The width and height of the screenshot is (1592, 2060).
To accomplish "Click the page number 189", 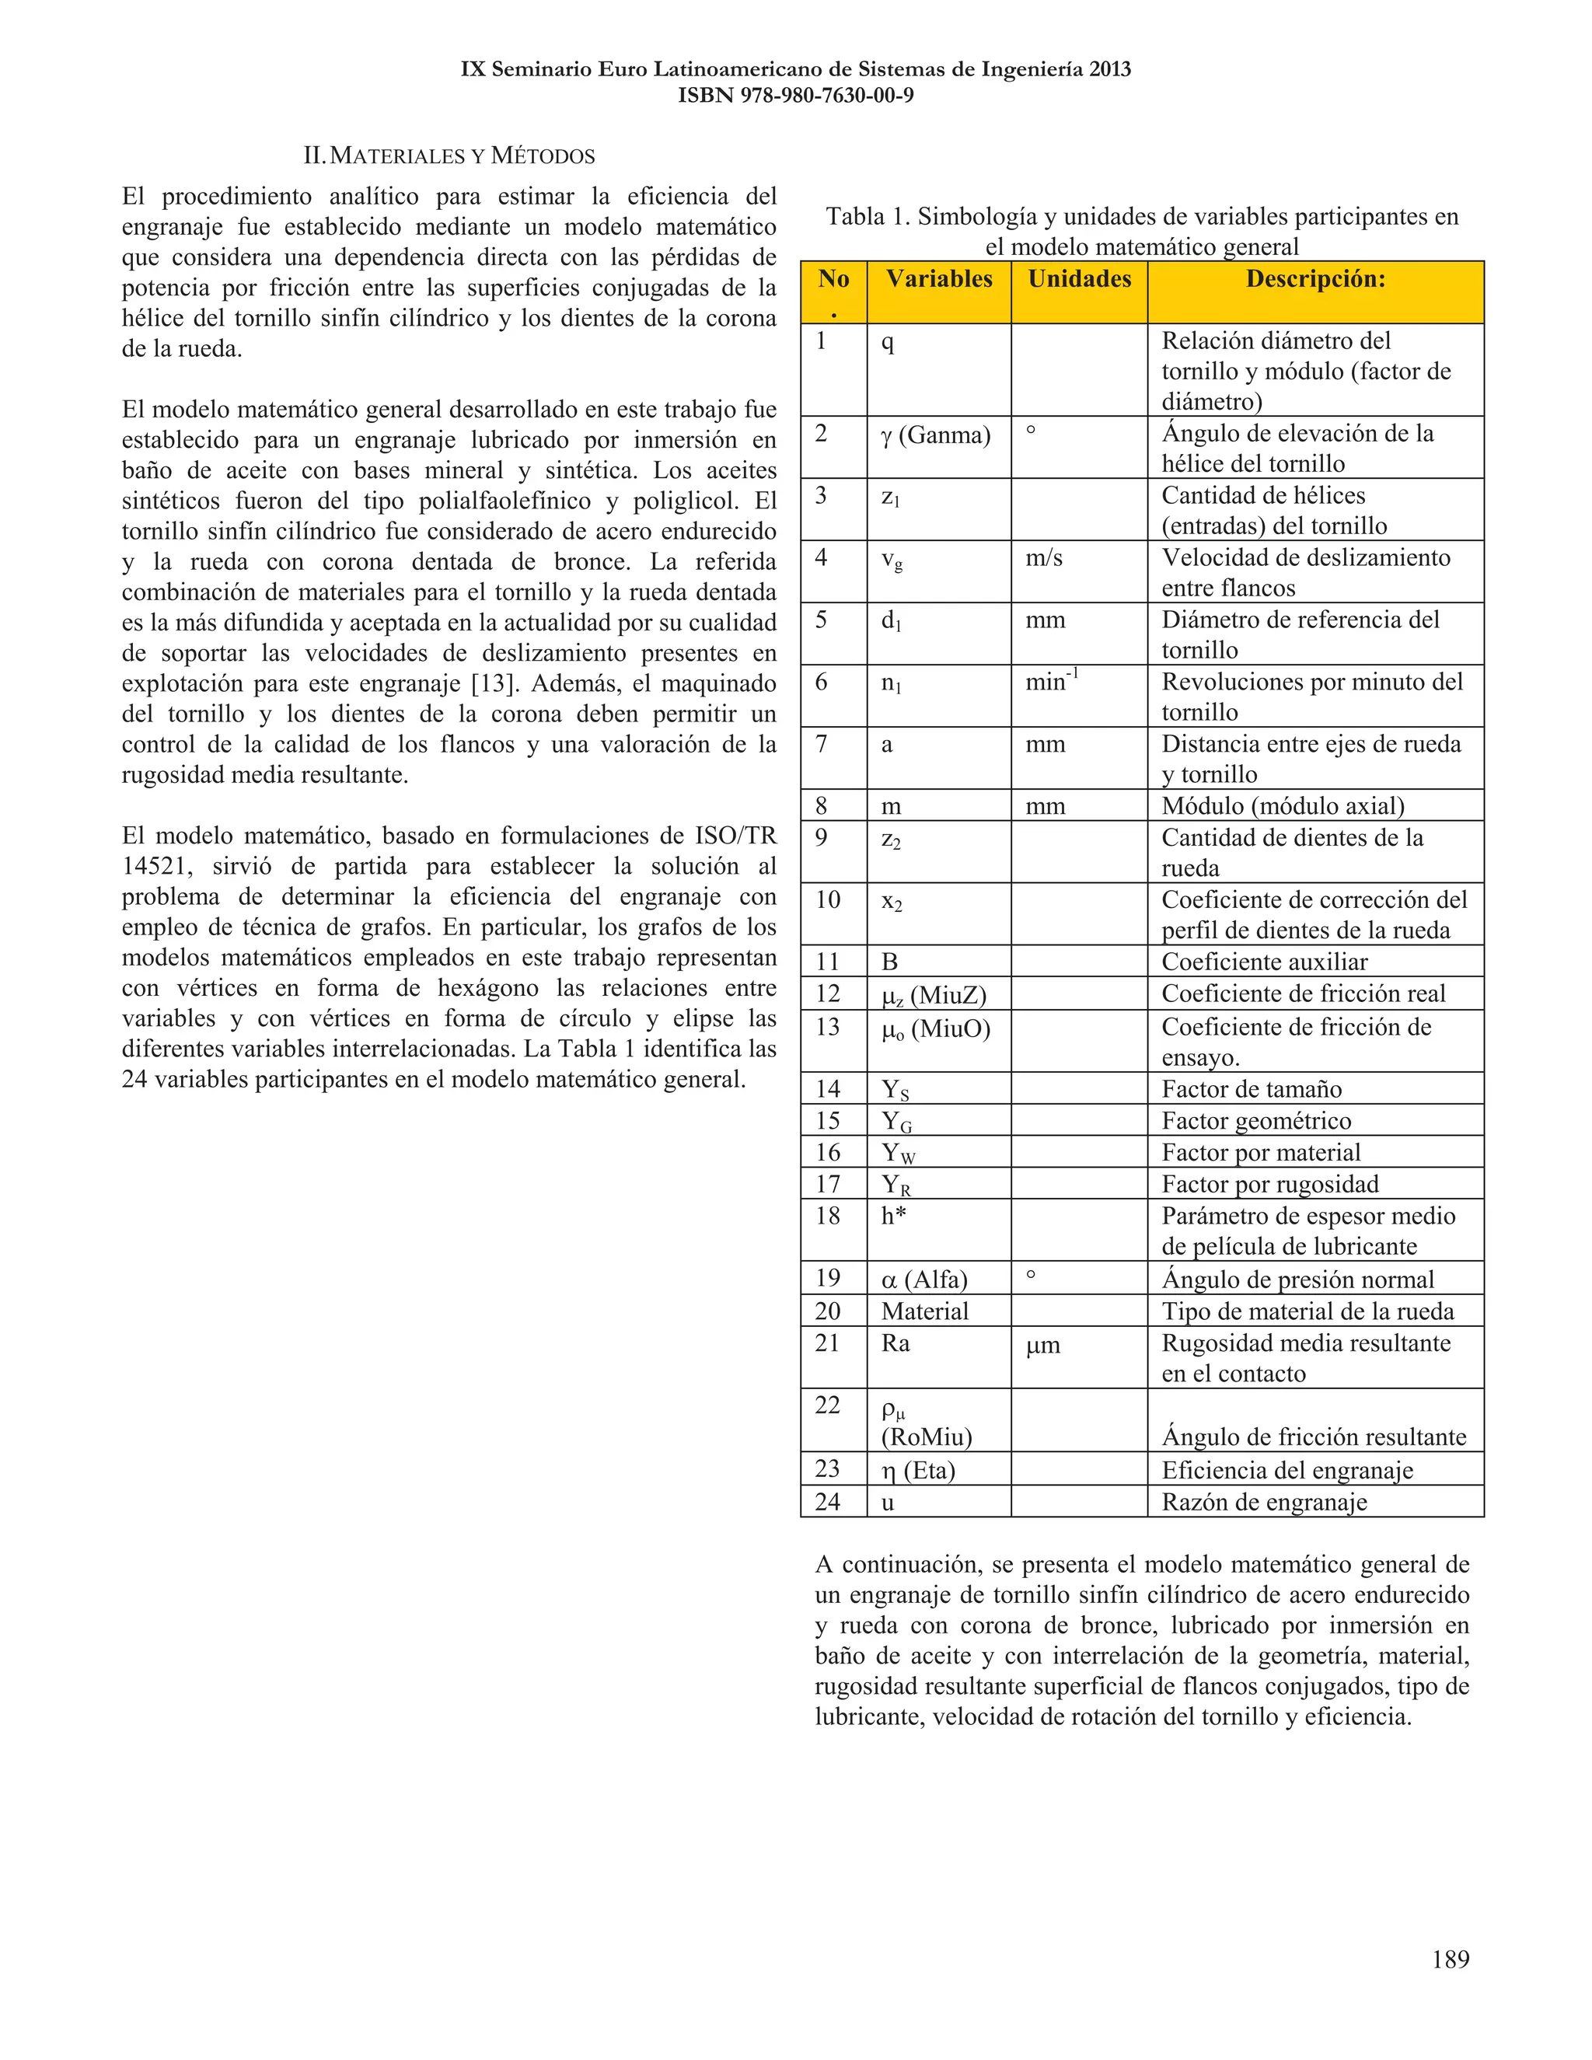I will tap(1450, 1959).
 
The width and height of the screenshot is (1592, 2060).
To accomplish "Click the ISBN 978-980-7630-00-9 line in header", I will tap(795, 96).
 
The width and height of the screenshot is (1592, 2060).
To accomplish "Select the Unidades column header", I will tap(1079, 279).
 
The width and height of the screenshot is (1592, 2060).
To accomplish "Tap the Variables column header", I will tap(938, 279).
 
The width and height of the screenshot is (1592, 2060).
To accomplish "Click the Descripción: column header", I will tap(1314, 279).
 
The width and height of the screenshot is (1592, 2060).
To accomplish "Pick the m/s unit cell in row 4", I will tap(1044, 558).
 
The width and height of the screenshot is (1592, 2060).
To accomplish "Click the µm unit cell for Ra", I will tap(1043, 1345).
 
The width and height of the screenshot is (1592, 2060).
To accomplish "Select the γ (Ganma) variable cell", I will tap(936, 435).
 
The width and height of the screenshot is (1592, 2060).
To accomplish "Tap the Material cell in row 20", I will tap(924, 1311).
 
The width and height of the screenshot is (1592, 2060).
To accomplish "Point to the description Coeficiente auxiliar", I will tap(1264, 962).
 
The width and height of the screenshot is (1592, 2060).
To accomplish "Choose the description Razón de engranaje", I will tap(1264, 1503).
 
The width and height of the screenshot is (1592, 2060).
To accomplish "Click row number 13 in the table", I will tap(827, 1027).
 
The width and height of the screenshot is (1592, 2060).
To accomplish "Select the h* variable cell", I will tap(893, 1216).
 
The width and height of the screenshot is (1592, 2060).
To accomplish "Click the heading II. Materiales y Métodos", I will tap(449, 155).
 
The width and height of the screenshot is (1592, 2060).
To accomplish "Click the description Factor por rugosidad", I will tap(1269, 1185).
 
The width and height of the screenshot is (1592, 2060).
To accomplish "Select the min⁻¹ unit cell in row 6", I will tap(1052, 681).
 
